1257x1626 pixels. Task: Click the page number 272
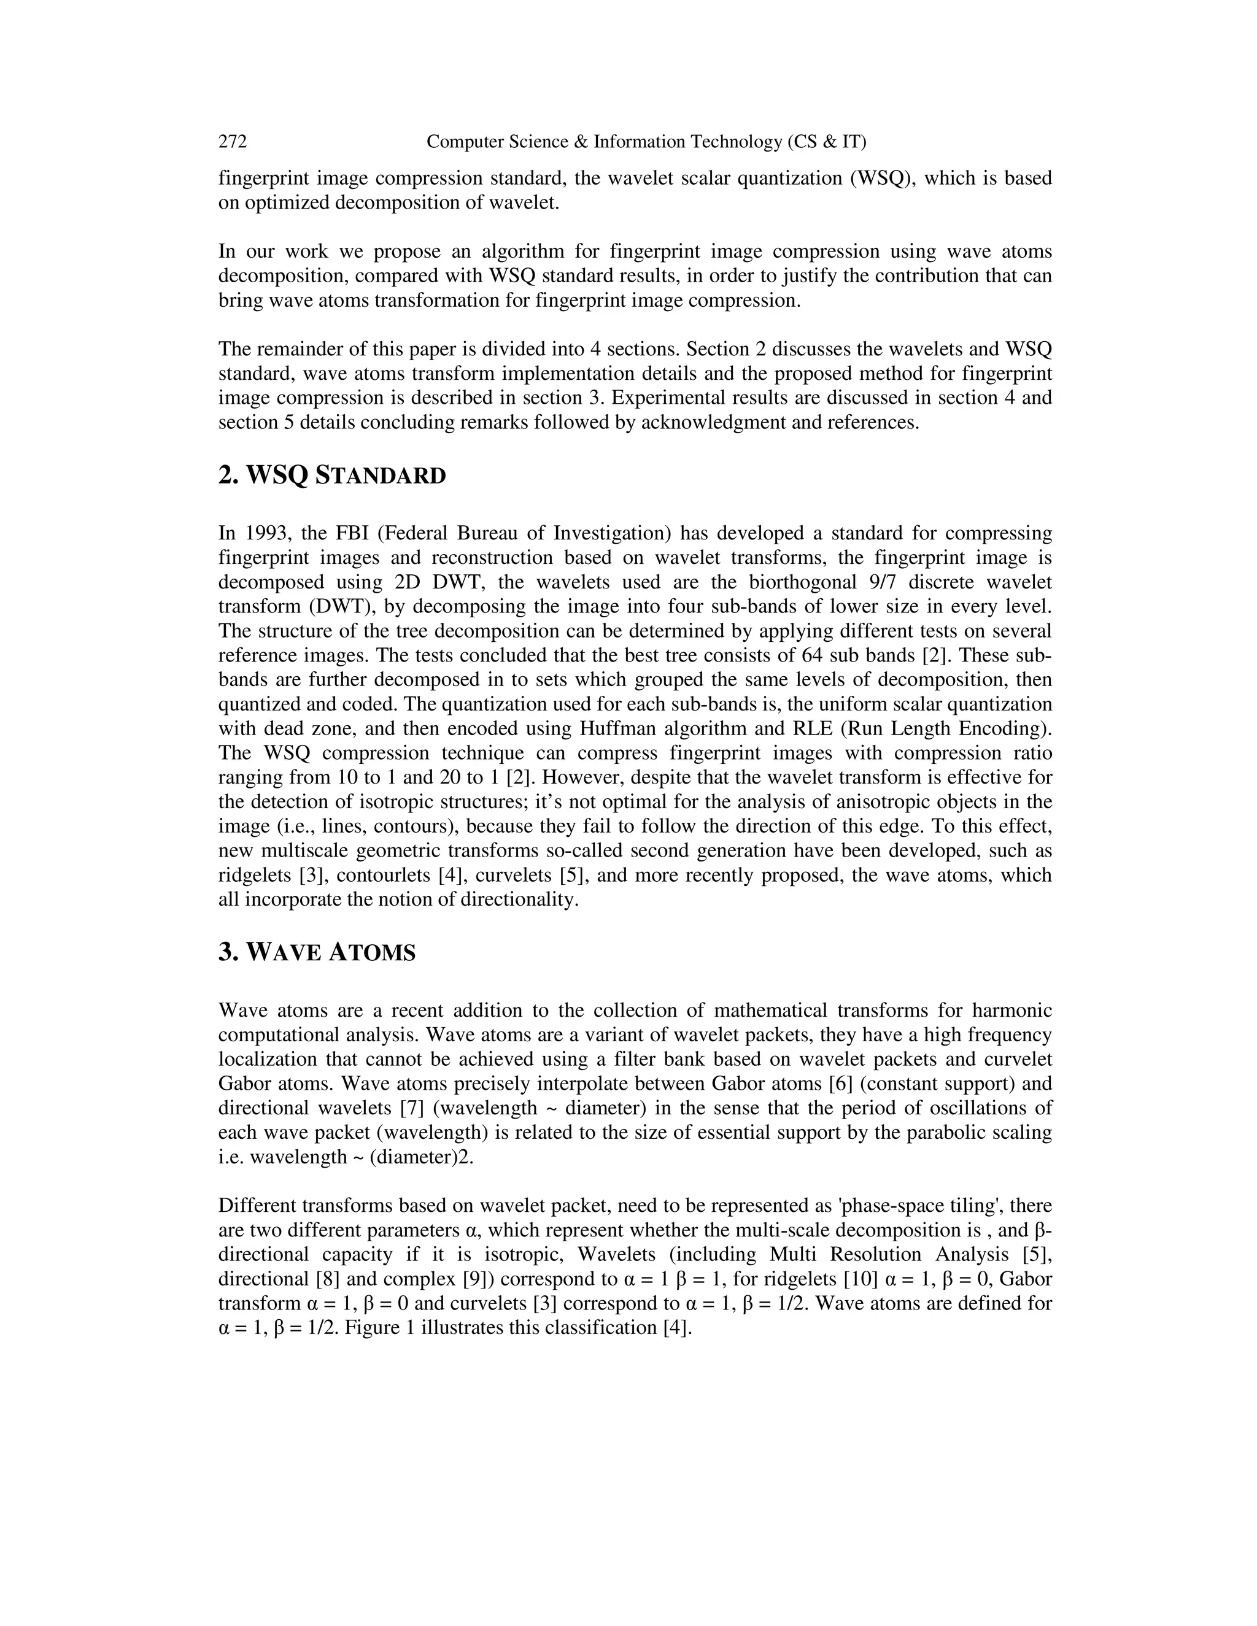pos(233,142)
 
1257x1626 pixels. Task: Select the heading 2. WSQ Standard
pos(332,475)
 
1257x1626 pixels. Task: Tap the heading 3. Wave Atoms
pos(317,952)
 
